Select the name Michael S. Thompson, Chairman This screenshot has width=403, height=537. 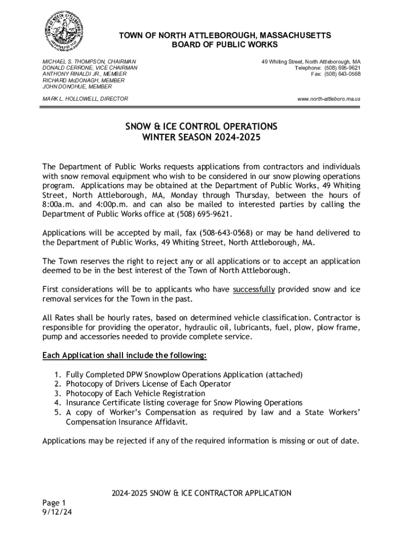89,61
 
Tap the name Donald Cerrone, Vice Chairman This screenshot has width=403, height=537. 89,68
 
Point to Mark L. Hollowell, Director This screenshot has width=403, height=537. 85,99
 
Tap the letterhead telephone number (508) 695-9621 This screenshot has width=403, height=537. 342,68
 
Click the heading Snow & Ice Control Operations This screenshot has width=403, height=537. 201,127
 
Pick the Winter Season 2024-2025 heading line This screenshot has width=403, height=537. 201,138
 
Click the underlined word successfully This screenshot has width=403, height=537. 254,289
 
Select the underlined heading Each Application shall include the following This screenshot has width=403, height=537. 125,356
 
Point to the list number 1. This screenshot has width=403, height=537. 57,374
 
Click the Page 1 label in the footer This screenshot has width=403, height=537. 54,502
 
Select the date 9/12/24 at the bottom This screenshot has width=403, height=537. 57,512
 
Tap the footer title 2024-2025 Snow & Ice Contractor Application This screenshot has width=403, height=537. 201,493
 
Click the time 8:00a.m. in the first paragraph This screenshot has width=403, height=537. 61,205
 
